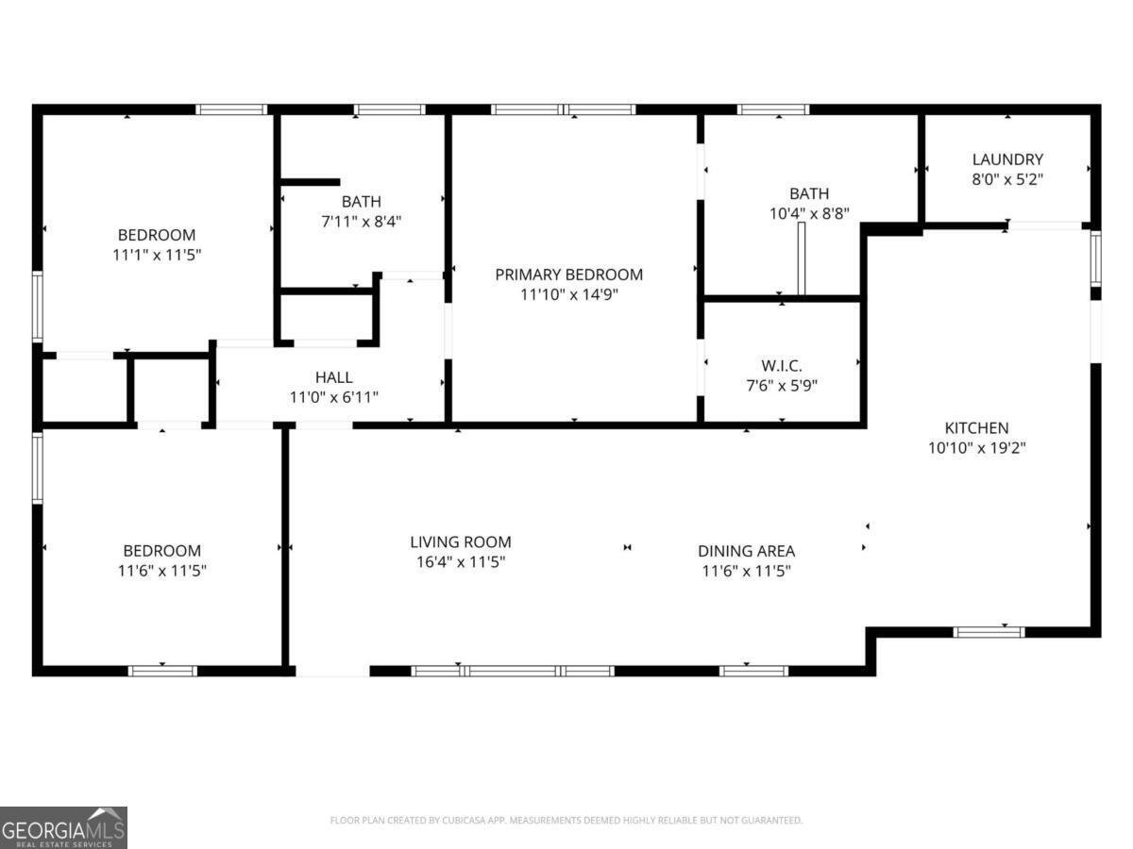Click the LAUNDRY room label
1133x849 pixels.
point(1007,159)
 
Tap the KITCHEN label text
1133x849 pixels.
point(976,427)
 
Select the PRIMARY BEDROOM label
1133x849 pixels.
point(568,275)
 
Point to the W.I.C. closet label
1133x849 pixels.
point(781,365)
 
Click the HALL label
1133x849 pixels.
point(333,377)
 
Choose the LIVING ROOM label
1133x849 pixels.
point(460,541)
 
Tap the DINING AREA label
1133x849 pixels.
point(746,551)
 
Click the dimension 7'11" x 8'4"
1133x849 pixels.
point(362,222)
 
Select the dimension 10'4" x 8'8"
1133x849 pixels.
point(809,214)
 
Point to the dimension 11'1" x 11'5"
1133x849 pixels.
point(157,255)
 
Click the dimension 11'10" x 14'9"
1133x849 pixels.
point(568,294)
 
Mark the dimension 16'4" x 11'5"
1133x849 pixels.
point(460,562)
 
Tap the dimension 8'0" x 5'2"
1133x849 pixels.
point(1007,179)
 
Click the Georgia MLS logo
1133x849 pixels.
point(63,827)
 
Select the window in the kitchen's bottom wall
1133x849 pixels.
point(988,632)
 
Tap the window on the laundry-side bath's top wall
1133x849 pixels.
point(773,109)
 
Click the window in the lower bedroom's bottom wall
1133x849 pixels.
point(162,671)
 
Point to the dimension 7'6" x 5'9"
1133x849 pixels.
point(781,385)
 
